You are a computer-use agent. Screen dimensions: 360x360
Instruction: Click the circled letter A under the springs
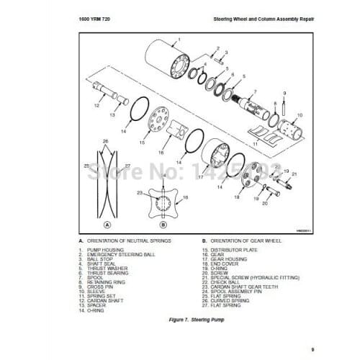click(x=107, y=222)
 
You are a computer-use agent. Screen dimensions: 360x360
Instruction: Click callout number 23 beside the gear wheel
click(x=141, y=192)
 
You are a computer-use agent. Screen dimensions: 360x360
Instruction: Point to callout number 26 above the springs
click(x=105, y=140)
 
